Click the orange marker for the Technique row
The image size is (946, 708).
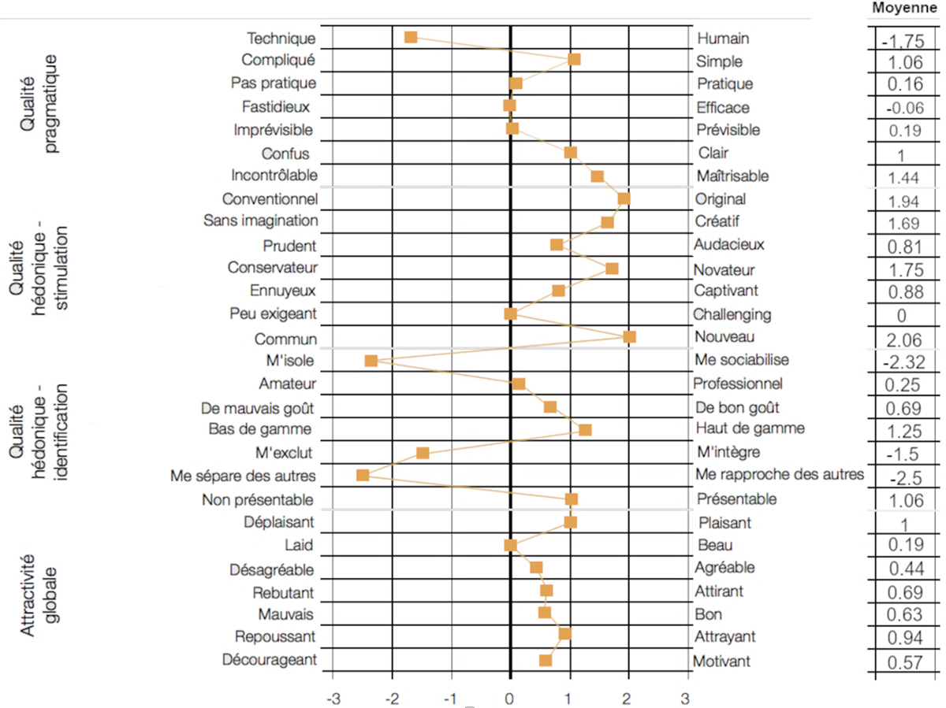(x=410, y=37)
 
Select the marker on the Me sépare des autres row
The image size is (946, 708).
(x=363, y=475)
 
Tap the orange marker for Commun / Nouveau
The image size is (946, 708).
(x=629, y=337)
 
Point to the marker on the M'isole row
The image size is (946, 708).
(x=371, y=361)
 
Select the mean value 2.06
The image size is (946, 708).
(x=903, y=340)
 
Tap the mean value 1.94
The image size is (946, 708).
(x=903, y=201)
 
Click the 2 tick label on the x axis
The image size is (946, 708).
(x=628, y=698)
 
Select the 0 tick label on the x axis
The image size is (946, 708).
(x=510, y=698)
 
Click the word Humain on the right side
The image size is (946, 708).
(x=723, y=39)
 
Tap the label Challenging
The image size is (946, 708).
(x=732, y=314)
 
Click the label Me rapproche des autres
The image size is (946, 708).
(x=780, y=475)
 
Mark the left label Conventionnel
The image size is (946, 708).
(x=270, y=198)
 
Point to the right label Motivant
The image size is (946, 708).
(x=721, y=661)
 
